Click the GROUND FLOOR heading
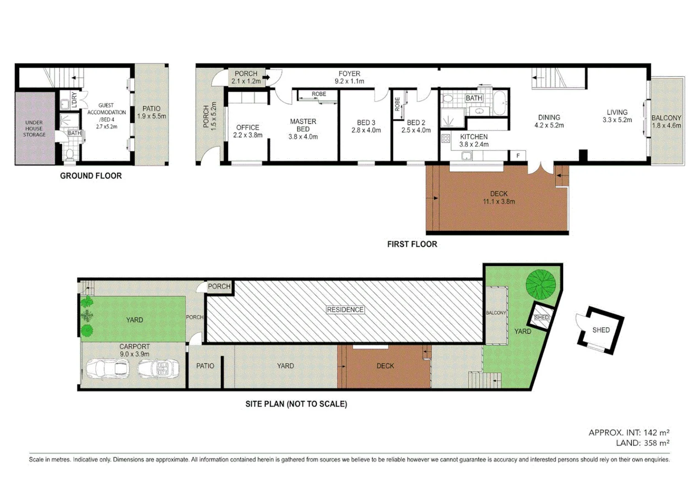91,176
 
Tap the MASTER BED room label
303,129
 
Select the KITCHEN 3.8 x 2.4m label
474,140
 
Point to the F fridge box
518,156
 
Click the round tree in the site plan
541,283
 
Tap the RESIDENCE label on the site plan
345,310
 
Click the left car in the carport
108,368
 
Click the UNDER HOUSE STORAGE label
34,129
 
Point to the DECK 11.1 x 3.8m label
499,198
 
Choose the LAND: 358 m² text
642,443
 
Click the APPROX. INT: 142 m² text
629,433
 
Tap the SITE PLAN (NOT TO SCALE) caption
296,404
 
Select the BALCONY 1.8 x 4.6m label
666,121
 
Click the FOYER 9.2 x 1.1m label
349,77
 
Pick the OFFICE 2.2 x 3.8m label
248,131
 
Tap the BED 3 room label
366,126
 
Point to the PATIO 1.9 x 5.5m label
152,112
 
